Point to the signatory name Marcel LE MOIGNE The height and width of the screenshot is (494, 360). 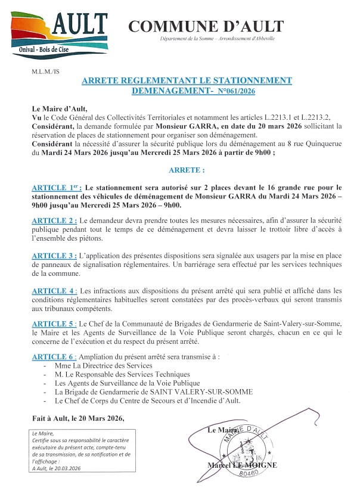tap(243, 465)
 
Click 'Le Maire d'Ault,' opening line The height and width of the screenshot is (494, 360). tap(60, 108)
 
